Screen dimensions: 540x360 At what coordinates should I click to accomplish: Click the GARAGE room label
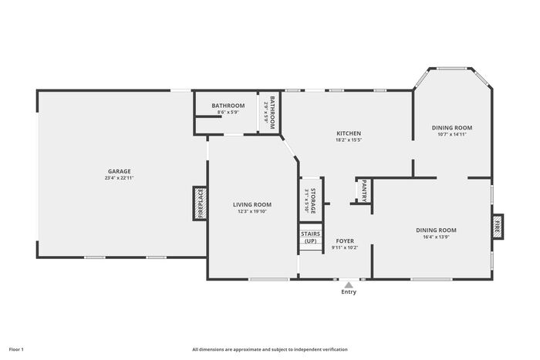pyautogui.click(x=119, y=171)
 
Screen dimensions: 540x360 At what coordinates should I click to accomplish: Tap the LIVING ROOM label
pyautogui.click(x=252, y=205)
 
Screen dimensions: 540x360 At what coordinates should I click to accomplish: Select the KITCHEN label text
pyautogui.click(x=349, y=133)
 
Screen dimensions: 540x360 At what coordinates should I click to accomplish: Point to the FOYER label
pyautogui.click(x=345, y=241)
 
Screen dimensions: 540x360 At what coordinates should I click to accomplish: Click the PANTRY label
pyautogui.click(x=364, y=191)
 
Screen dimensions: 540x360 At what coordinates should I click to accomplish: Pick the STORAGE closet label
pyautogui.click(x=313, y=200)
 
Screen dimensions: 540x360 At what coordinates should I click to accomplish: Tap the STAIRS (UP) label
pyautogui.click(x=311, y=237)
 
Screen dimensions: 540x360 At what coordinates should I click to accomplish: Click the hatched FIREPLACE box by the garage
pyautogui.click(x=200, y=204)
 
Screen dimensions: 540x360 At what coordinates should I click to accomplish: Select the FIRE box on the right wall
pyautogui.click(x=498, y=226)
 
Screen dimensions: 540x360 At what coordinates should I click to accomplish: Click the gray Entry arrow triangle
pyautogui.click(x=349, y=285)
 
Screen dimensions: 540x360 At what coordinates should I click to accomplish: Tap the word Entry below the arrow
pyautogui.click(x=349, y=292)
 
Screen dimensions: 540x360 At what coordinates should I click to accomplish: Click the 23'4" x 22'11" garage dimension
pyautogui.click(x=119, y=178)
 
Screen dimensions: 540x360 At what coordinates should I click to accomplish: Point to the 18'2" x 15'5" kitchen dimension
pyautogui.click(x=349, y=140)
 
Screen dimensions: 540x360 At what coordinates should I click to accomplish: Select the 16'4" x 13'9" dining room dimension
pyautogui.click(x=436, y=237)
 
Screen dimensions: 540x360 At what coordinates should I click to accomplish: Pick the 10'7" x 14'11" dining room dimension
pyautogui.click(x=452, y=134)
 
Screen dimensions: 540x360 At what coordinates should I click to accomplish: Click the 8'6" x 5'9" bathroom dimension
pyautogui.click(x=228, y=113)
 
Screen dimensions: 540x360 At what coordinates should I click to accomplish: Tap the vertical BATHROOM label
pyautogui.click(x=272, y=113)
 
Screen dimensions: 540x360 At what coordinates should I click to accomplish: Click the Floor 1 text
pyautogui.click(x=16, y=349)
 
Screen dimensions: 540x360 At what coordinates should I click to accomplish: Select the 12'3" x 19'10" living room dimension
pyautogui.click(x=252, y=211)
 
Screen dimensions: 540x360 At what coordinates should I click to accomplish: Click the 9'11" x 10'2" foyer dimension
pyautogui.click(x=345, y=247)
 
